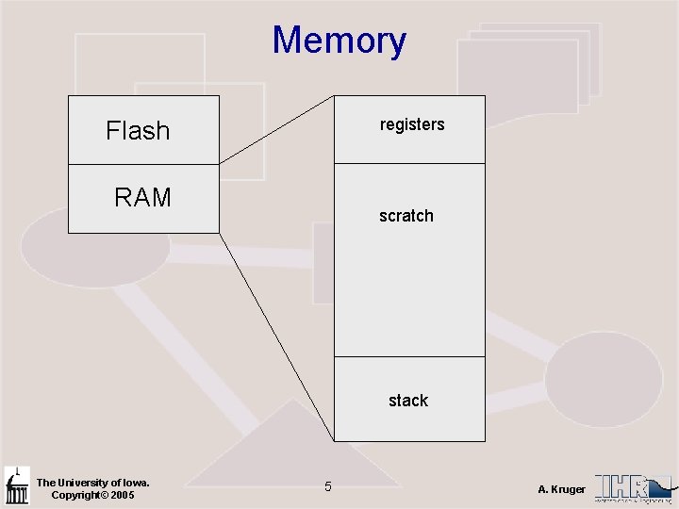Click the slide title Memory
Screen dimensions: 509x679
coord(339,41)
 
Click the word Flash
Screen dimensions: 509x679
coord(138,130)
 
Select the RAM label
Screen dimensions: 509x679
coord(142,197)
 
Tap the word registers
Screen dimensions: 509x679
coord(412,124)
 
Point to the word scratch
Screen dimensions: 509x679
coord(406,216)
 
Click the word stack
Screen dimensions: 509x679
coord(408,401)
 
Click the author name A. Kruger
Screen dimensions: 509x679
coord(562,489)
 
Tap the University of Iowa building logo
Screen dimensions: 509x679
coord(17,486)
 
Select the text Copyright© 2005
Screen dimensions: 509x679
coord(92,495)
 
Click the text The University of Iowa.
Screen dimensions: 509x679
coord(92,483)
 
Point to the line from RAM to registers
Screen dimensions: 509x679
coord(276,130)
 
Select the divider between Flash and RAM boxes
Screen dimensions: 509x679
coord(143,165)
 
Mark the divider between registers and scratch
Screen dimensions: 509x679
coord(410,164)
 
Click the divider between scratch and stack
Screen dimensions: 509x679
coord(410,357)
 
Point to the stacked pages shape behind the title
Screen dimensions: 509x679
coord(528,66)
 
